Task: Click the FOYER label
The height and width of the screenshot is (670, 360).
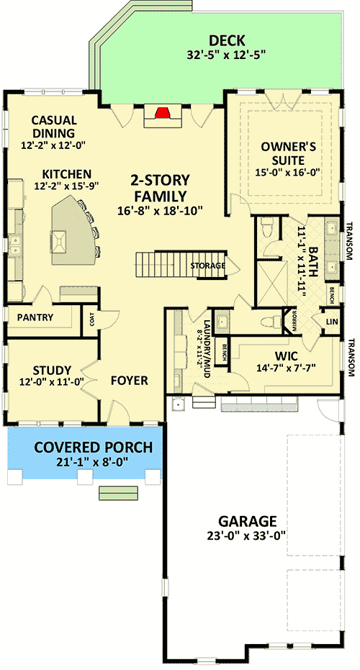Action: tap(129, 381)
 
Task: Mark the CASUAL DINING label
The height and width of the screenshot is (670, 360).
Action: tap(54, 127)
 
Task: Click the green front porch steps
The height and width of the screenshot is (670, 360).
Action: tap(119, 493)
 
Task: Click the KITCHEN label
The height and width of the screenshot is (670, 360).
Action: tap(66, 174)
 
